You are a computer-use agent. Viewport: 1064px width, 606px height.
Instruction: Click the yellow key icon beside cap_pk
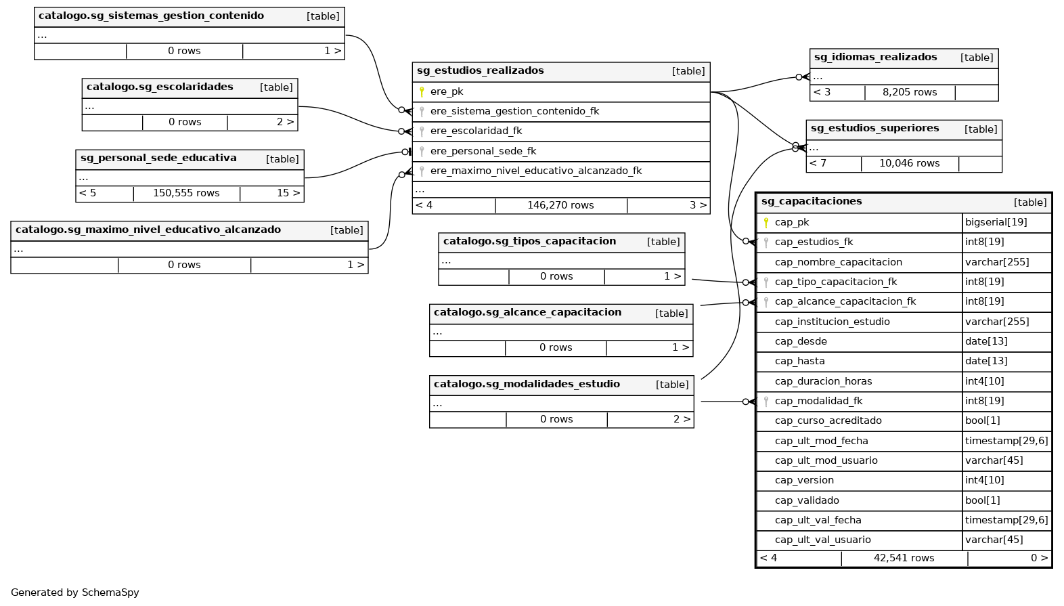tap(766, 222)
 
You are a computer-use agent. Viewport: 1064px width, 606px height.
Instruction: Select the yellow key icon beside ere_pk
tap(422, 91)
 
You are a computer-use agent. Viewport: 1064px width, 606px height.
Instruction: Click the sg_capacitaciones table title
tap(811, 201)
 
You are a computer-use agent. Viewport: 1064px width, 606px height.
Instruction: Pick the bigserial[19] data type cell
tap(996, 222)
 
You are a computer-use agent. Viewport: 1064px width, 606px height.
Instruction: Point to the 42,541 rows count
tap(904, 558)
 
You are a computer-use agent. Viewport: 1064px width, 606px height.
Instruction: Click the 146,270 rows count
tap(560, 205)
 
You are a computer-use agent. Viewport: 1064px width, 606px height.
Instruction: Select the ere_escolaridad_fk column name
tap(476, 131)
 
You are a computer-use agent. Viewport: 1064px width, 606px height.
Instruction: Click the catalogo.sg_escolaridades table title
tap(160, 87)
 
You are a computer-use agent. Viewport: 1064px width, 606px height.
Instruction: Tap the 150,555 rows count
tap(186, 193)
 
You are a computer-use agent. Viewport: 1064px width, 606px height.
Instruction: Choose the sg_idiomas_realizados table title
tap(875, 57)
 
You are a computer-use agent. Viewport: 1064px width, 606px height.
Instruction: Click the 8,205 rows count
tap(909, 92)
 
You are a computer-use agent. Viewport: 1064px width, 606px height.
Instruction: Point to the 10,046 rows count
tap(909, 163)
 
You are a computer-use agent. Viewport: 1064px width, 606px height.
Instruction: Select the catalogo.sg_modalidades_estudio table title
tap(527, 384)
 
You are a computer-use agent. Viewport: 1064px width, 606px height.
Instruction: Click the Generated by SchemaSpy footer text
tap(75, 592)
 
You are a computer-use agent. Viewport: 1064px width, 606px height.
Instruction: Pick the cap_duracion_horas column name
tap(823, 381)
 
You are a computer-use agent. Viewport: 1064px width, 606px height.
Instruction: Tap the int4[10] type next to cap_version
tap(984, 480)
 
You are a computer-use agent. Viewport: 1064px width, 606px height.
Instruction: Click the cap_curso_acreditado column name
tap(828, 420)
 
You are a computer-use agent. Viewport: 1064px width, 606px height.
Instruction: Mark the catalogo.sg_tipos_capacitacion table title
tap(529, 241)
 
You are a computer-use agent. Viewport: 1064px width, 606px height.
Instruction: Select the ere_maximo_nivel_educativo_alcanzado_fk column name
tap(536, 171)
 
